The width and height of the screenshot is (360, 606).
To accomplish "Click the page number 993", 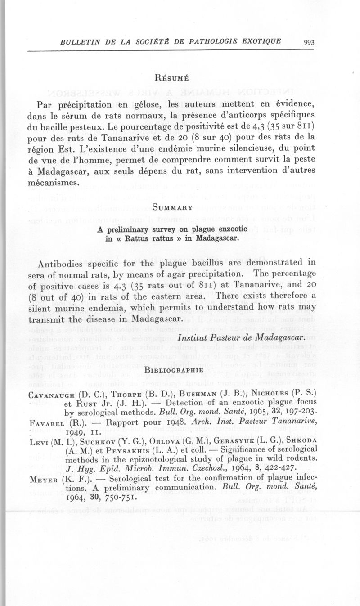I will point(309,43).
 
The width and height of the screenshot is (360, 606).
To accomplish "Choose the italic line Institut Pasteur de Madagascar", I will point(242,337).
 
